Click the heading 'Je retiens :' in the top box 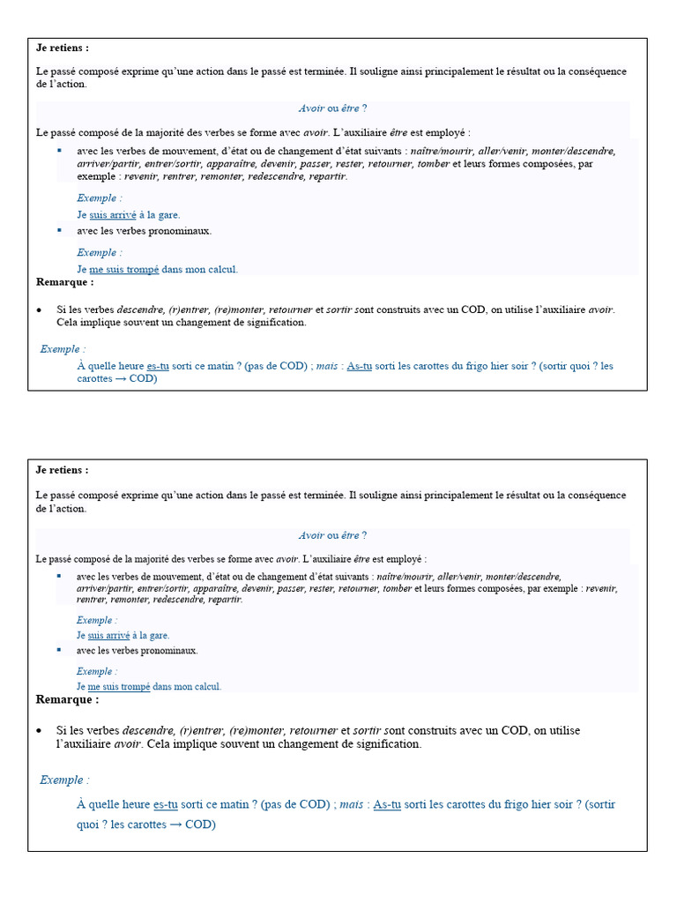click(62, 48)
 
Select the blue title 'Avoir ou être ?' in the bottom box click(332, 535)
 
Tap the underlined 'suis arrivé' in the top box click(113, 214)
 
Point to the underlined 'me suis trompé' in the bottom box click(118, 686)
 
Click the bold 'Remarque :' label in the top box click(64, 282)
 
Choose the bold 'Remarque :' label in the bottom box click(67, 699)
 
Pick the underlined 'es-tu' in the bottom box click(166, 804)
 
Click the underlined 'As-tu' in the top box click(359, 365)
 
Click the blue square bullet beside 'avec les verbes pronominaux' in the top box click(60, 230)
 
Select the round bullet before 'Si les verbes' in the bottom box click(40, 731)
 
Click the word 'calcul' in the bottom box click(207, 686)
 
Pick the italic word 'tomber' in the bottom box click(398, 588)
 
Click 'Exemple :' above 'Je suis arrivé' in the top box click(99, 198)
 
